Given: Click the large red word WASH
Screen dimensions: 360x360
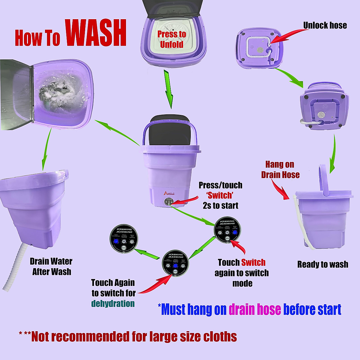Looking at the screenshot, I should [95, 34].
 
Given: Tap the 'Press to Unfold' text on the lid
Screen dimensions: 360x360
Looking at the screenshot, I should [172, 39].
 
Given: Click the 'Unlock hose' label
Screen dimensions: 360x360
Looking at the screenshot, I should [325, 25].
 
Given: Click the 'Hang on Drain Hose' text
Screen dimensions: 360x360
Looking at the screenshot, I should [280, 169].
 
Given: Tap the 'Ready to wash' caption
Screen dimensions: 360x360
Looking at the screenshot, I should [322, 264].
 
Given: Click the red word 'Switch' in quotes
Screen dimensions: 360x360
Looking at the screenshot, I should [220, 195].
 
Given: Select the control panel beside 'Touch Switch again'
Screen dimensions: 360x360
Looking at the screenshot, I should [227, 229].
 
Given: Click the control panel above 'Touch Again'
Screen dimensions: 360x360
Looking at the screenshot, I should [175, 263].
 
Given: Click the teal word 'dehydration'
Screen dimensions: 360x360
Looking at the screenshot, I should [113, 303].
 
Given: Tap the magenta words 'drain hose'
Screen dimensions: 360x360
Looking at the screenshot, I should [255, 309].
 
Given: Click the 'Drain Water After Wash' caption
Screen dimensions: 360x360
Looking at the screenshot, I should [51, 266].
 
